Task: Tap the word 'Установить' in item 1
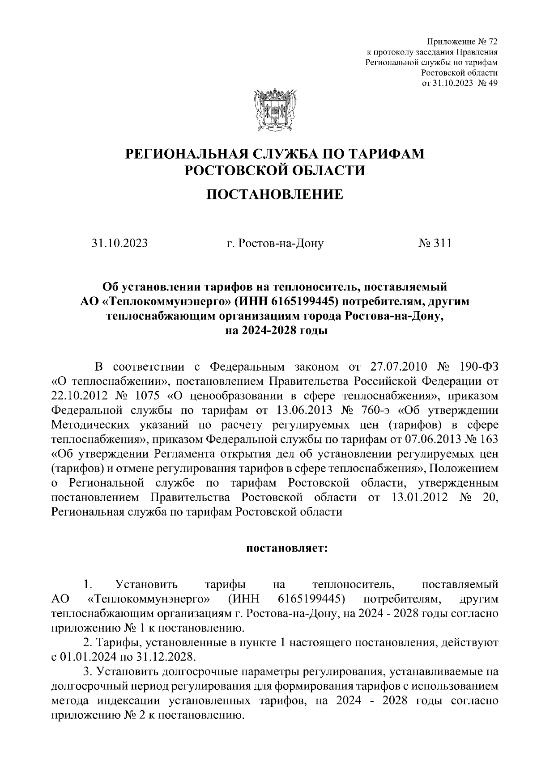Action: (146, 584)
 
